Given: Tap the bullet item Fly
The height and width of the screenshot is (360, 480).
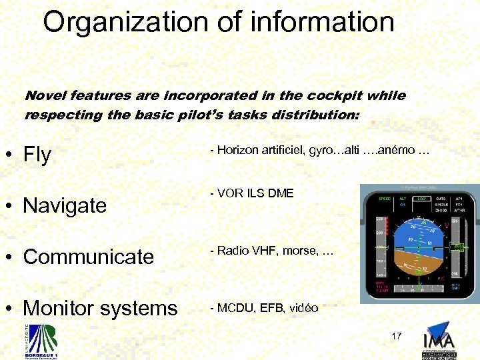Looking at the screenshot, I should point(37,155).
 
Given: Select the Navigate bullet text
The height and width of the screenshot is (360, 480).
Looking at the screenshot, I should point(65,205).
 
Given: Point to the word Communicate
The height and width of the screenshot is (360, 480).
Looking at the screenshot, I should point(88,257).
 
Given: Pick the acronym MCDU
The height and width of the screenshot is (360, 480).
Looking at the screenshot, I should point(232,308).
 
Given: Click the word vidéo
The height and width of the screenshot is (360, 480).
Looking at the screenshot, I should point(303,308).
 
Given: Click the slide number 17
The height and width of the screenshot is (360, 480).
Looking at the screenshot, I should point(397,336).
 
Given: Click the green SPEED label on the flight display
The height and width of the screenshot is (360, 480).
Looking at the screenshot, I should point(385,199).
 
